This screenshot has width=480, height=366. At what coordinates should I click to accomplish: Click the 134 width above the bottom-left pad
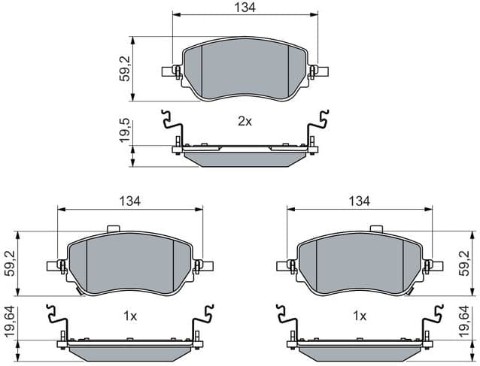click(130, 201)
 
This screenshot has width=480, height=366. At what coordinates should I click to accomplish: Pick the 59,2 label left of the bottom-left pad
click(11, 262)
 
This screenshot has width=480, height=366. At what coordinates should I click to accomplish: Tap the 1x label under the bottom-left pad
click(129, 316)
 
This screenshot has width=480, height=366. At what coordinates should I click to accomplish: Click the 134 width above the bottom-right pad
click(359, 201)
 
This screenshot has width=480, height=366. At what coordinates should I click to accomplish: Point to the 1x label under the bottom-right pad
click(359, 316)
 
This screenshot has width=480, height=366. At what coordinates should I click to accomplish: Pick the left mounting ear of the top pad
click(171, 72)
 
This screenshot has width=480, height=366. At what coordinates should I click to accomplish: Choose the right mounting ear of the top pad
click(321, 72)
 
